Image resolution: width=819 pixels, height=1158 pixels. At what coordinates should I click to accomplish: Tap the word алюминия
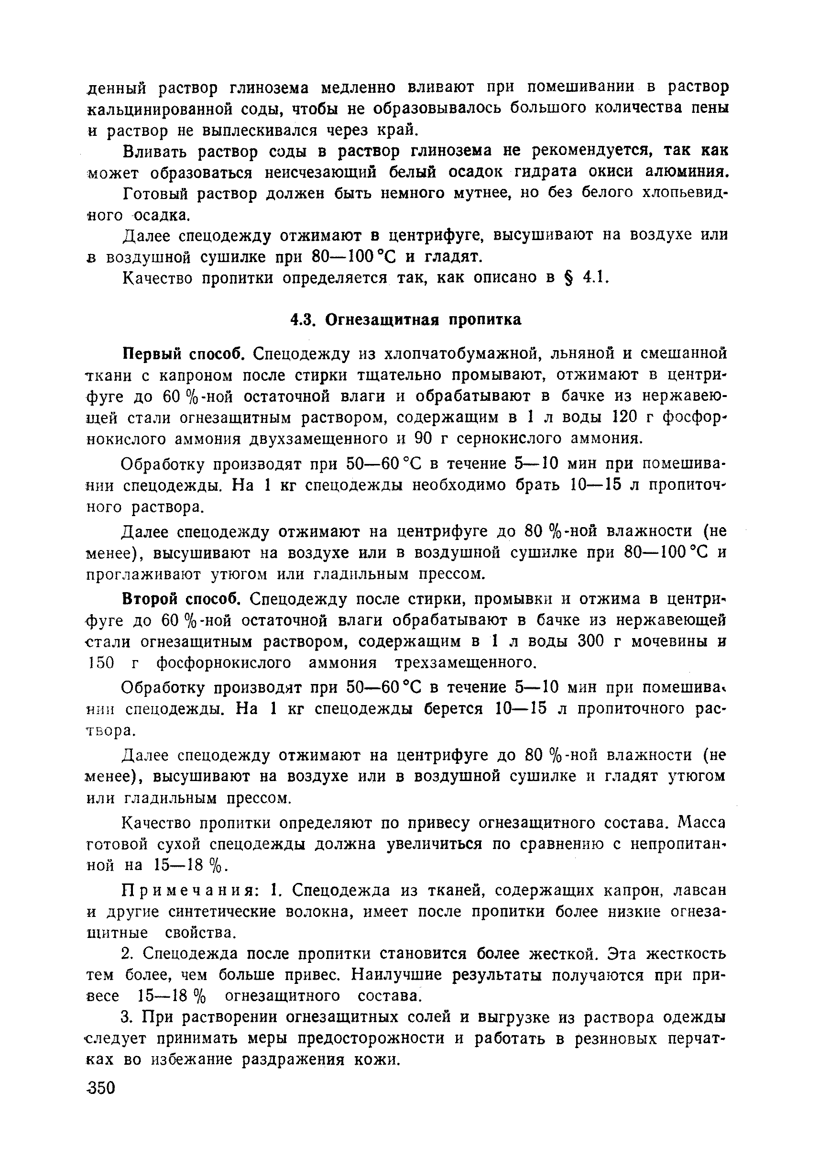[688, 173]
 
